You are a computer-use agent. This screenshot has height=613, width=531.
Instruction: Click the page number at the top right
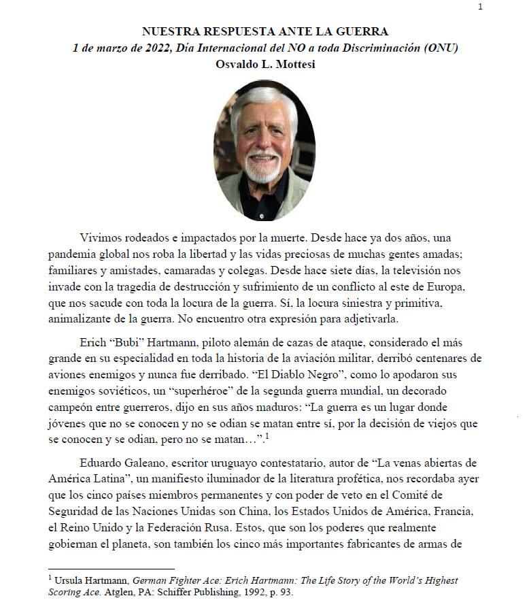481,7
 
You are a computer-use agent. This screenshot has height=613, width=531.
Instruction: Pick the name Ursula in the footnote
71,580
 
